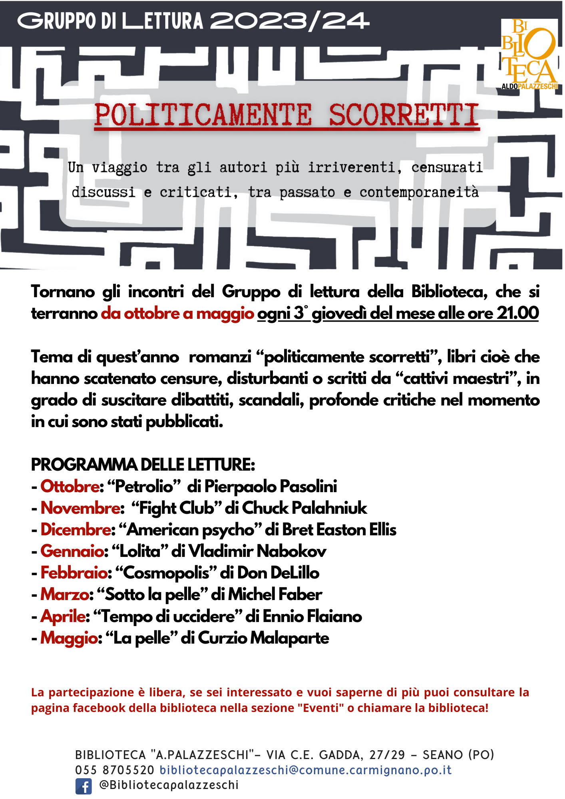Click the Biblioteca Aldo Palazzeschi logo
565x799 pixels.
point(529,54)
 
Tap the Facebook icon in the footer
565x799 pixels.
point(84,786)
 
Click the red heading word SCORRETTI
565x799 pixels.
point(404,115)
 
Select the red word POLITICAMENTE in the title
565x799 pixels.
point(203,115)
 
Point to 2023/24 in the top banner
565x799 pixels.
point(289,21)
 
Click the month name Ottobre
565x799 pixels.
point(70,487)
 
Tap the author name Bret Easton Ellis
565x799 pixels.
point(339,530)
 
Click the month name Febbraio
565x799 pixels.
point(74,573)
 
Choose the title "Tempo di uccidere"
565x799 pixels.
point(167,616)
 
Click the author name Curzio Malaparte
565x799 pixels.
point(263,638)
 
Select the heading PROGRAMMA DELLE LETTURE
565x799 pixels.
point(143,465)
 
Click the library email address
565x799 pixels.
point(306,770)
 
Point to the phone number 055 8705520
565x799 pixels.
point(115,770)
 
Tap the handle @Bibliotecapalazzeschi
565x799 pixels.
point(169,785)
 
